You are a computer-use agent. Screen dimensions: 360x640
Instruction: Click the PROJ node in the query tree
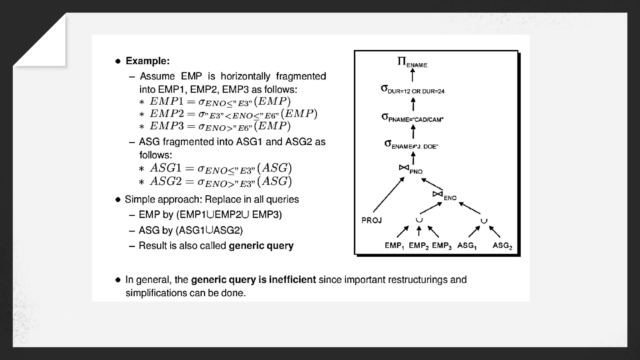[372, 220]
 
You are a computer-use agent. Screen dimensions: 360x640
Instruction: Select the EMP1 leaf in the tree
[394, 246]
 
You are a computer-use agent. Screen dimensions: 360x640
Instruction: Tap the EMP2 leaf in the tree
[418, 246]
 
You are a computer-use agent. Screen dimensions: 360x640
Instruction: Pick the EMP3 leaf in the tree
[442, 246]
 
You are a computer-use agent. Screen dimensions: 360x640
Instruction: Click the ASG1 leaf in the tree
[467, 246]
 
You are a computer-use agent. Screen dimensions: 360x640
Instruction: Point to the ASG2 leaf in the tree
[502, 246]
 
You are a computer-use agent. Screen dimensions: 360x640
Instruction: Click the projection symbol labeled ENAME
[412, 62]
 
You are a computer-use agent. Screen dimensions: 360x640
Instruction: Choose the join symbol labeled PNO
[404, 168]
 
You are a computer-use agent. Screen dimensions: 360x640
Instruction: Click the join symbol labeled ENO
[437, 194]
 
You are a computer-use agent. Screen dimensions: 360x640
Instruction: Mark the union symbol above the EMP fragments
[419, 220]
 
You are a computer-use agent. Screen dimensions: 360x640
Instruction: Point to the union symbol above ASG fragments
[484, 221]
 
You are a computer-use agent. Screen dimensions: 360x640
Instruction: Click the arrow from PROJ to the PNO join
[388, 195]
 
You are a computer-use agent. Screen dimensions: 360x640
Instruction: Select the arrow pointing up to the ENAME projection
[412, 75]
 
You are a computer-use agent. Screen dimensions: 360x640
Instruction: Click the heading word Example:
[147, 61]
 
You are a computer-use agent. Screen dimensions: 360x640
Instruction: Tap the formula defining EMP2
[233, 114]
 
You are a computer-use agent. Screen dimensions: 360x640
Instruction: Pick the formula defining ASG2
[221, 182]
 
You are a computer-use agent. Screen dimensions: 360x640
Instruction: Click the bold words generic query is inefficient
[253, 279]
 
